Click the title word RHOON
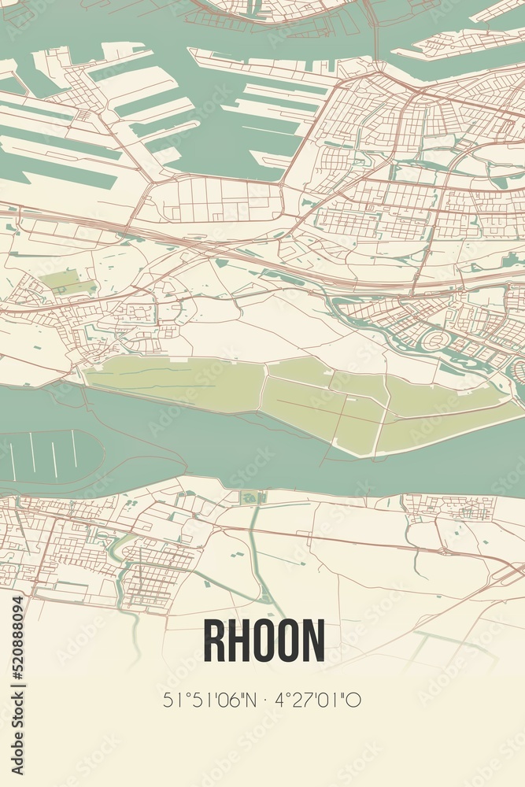tap(264, 640)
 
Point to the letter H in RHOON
tap(240, 640)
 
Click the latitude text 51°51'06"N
tap(206, 698)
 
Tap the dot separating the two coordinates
tap(262, 698)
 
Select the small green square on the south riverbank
tap(250, 497)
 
